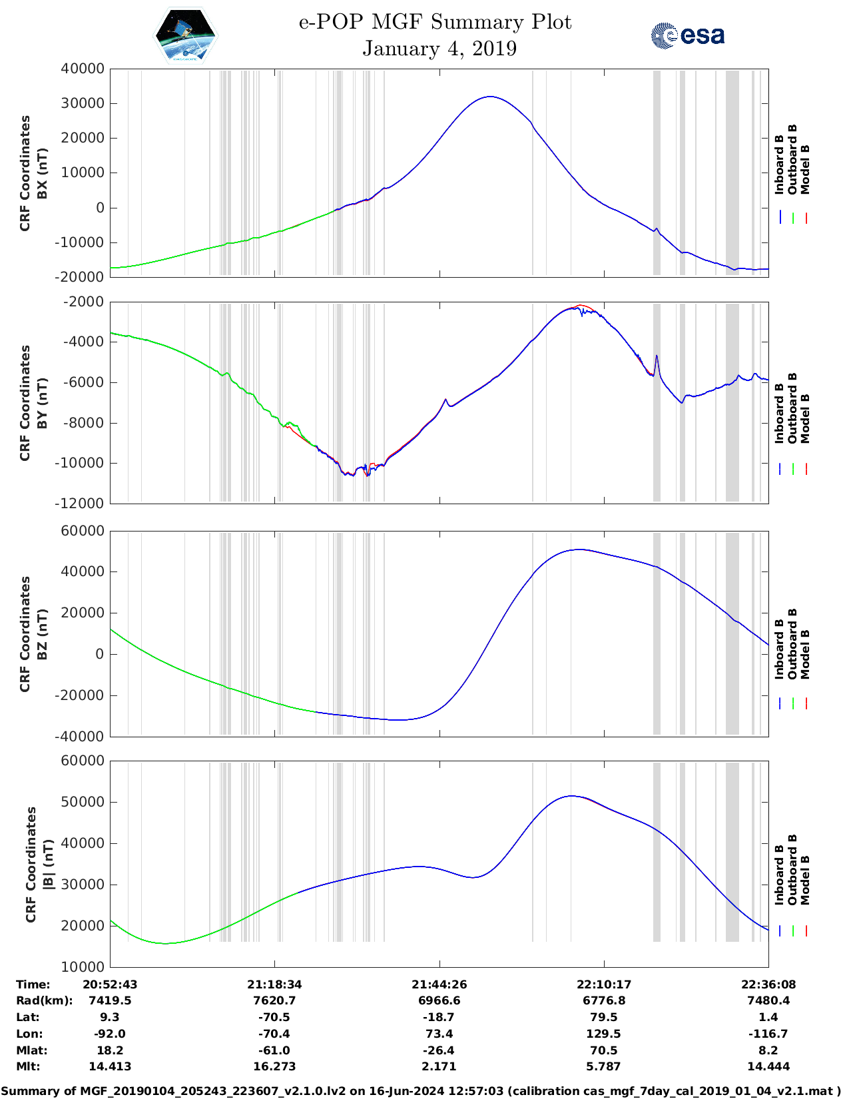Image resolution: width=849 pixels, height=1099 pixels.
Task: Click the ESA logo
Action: (x=687, y=35)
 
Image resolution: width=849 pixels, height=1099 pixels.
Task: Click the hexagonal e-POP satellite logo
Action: (x=185, y=35)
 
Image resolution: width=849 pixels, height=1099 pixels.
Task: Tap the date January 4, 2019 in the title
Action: (x=439, y=49)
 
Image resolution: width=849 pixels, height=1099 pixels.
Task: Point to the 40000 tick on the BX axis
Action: (x=83, y=69)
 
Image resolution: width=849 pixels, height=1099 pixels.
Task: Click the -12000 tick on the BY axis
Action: (x=83, y=504)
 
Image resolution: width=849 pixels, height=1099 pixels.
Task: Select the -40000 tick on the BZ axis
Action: (x=83, y=737)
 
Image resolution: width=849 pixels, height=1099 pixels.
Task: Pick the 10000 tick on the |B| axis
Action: (x=83, y=966)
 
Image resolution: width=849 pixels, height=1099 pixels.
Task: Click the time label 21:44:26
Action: (x=439, y=984)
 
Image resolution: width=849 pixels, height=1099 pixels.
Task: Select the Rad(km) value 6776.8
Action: (x=603, y=1000)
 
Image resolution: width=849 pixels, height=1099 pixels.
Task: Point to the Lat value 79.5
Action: (x=603, y=1017)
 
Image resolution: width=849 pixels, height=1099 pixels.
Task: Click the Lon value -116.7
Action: (x=768, y=1034)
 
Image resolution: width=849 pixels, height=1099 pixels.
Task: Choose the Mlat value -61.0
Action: (x=274, y=1050)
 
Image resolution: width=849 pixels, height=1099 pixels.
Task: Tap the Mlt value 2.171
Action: (x=439, y=1066)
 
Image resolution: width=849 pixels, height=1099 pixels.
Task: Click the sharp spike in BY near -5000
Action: (x=657, y=356)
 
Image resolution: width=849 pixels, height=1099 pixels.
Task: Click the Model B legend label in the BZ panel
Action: (x=805, y=654)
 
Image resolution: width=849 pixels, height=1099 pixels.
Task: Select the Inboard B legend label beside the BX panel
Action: (x=779, y=165)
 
